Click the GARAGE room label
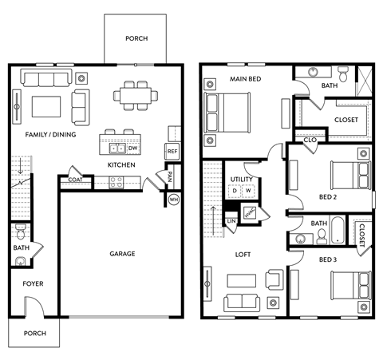click(x=122, y=254)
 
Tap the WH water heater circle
click(x=173, y=200)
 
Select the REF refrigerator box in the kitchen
click(x=172, y=151)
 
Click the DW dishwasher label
click(x=132, y=148)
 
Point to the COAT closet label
click(x=75, y=180)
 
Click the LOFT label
click(x=243, y=255)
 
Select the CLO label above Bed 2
click(x=310, y=140)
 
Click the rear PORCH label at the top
click(x=134, y=38)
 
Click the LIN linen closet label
click(x=231, y=220)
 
